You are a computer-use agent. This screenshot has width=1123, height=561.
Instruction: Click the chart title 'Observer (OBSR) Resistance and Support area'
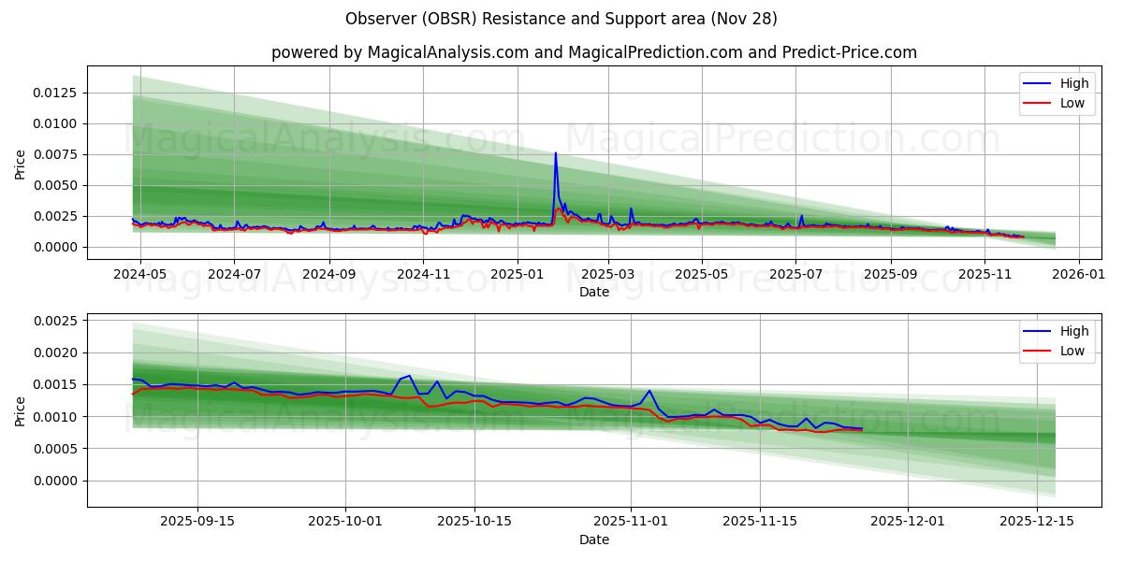[561, 19]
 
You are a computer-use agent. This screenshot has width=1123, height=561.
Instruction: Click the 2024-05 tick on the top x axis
[140, 274]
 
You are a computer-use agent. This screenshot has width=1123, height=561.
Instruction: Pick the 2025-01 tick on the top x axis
[518, 274]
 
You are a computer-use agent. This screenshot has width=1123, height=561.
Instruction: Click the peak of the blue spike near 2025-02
[555, 153]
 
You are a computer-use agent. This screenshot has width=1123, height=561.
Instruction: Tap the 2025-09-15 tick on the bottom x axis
[197, 521]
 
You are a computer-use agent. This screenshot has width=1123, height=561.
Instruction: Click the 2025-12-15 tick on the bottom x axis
[1037, 521]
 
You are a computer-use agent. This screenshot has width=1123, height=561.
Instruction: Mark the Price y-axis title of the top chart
[21, 163]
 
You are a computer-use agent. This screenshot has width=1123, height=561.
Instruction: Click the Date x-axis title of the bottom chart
[593, 539]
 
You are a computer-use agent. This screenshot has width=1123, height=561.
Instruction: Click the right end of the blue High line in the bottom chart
[862, 429]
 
